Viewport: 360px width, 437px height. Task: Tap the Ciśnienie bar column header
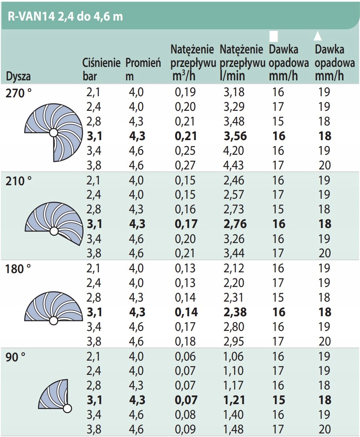[x=101, y=69]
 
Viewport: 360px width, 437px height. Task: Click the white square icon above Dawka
[x=273, y=36]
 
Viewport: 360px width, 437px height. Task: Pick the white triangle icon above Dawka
[x=317, y=36]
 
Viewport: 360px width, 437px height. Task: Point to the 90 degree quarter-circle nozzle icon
[x=55, y=396]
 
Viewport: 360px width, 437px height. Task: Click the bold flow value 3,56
[x=235, y=136]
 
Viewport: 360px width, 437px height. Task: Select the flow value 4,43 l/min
[x=234, y=165]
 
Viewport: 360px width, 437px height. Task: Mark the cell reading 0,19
[x=185, y=93]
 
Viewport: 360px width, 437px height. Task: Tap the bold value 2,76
[x=235, y=224]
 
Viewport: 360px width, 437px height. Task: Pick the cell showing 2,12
[x=234, y=268]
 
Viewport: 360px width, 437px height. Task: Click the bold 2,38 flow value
[x=235, y=312]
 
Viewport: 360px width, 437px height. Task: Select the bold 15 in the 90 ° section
[x=279, y=400]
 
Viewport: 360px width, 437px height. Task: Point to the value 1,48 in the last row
[x=234, y=429]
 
